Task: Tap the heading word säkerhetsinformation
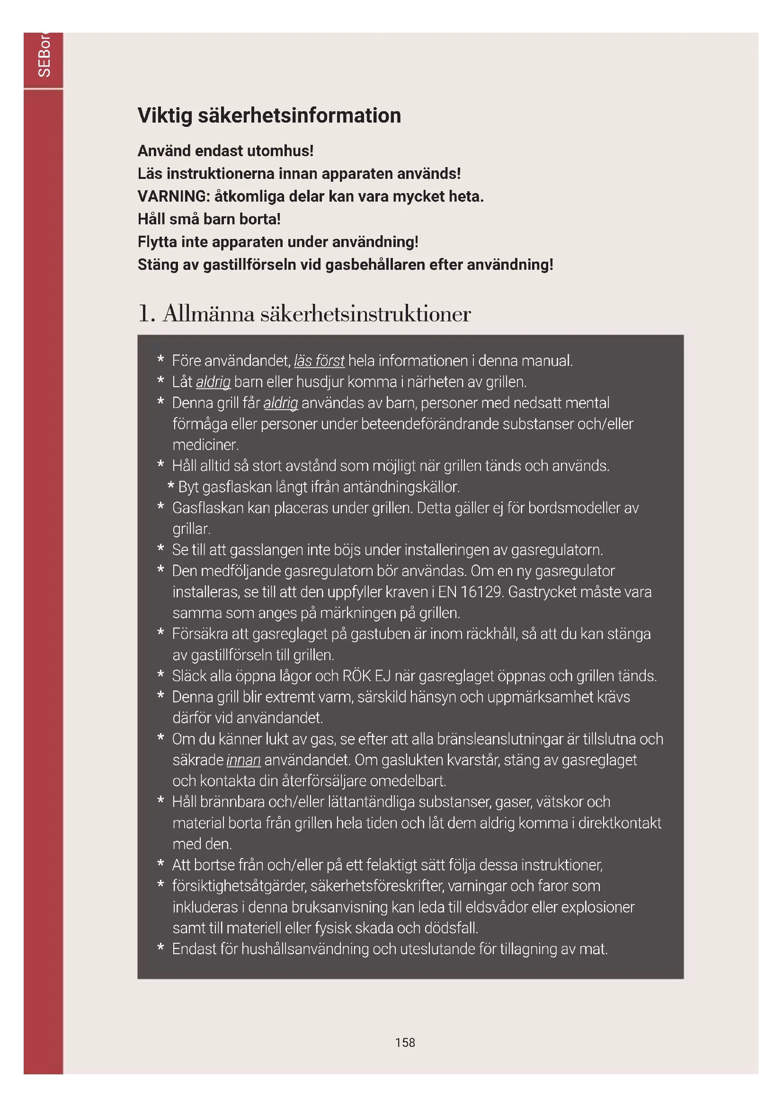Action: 299,115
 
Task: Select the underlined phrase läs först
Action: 319,361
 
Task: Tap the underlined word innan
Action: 243,760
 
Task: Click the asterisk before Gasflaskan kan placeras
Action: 160,507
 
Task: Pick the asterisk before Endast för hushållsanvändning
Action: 160,948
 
